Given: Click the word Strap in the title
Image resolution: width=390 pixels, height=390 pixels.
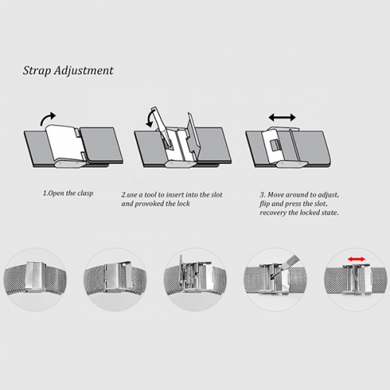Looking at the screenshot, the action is pos(37,71).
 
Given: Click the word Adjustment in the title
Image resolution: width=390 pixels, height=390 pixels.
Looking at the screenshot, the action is pos(83,70).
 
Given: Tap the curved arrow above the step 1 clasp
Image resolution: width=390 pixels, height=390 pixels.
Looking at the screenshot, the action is pos(47,119).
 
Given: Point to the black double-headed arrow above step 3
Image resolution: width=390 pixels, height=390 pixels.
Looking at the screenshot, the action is pos(282,118).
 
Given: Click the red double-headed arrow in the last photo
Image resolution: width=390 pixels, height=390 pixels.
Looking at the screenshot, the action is pos(356,259).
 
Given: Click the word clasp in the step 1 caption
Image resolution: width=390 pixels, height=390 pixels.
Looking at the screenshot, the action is pos(85,193).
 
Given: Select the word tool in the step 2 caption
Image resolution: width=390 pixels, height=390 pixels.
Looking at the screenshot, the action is pos(151,195).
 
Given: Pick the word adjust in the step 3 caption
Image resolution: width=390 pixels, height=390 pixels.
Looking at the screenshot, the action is pos(328,195).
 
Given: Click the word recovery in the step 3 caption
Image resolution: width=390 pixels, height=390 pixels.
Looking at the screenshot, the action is pos(272,213).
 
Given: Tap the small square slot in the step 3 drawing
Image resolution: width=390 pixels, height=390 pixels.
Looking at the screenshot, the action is pos(275,146).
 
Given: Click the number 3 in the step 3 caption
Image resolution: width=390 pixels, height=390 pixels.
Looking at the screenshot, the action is pos(262,195).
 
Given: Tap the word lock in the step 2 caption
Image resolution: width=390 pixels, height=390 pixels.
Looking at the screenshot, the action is pos(183,204).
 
